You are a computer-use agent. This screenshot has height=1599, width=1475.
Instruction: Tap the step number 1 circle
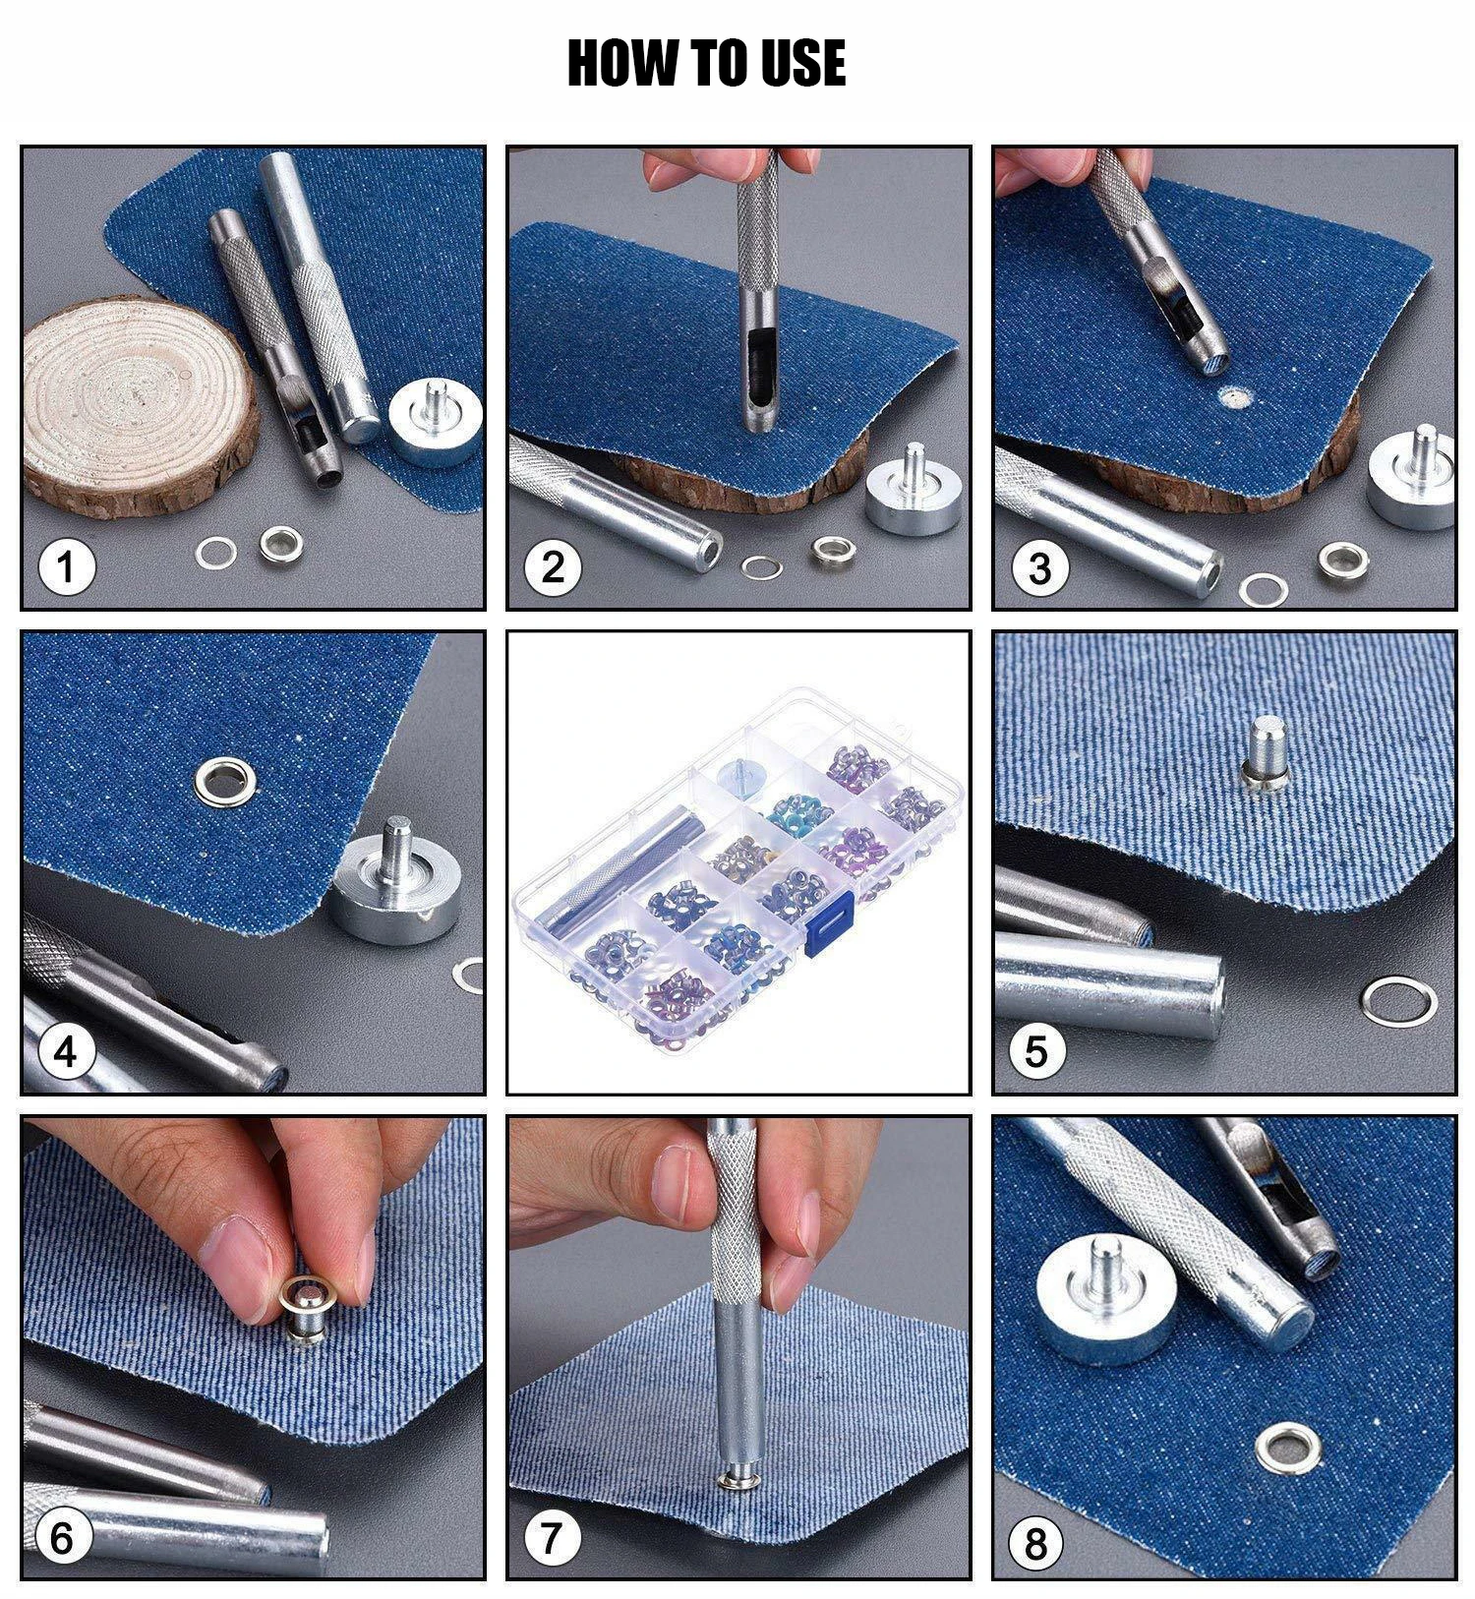click(x=66, y=567)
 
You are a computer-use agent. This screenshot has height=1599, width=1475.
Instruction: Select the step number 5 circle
click(x=1036, y=1051)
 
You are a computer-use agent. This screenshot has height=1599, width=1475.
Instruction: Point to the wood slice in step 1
click(x=142, y=406)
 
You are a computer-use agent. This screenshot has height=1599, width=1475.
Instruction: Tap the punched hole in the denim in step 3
click(x=1232, y=397)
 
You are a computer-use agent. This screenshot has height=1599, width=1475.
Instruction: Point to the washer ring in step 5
click(x=1399, y=1002)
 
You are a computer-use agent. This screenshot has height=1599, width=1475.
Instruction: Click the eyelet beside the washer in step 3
click(x=1343, y=561)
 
